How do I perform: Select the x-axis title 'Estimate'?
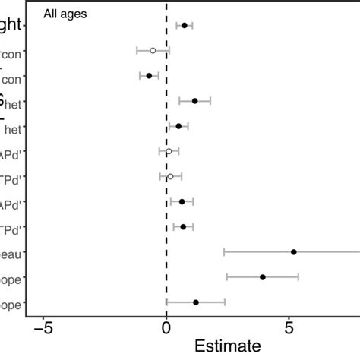pyautogui.click(x=229, y=346)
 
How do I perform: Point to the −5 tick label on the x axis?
pyautogui.click(x=43, y=329)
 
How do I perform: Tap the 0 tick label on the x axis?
pyautogui.click(x=166, y=329)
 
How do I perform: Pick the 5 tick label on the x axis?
pyautogui.click(x=289, y=329)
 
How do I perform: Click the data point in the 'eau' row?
pyautogui.click(x=294, y=251)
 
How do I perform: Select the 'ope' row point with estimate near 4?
pyautogui.click(x=263, y=277)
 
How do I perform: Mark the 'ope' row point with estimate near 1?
pyautogui.click(x=196, y=302)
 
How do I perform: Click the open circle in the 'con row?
pyautogui.click(x=153, y=50)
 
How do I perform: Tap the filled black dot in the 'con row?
pyautogui.click(x=149, y=76)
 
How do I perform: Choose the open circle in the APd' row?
pyautogui.click(x=169, y=151)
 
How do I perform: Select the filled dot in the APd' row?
pyautogui.click(x=182, y=201)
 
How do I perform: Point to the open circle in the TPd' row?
pyautogui.click(x=170, y=176)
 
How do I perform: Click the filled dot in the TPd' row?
pyautogui.click(x=183, y=226)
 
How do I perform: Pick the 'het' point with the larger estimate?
pyautogui.click(x=194, y=101)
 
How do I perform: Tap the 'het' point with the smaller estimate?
pyautogui.click(x=178, y=126)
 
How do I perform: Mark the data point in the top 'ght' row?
pyautogui.click(x=184, y=25)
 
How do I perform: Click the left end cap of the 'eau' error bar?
pyautogui.click(x=224, y=251)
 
